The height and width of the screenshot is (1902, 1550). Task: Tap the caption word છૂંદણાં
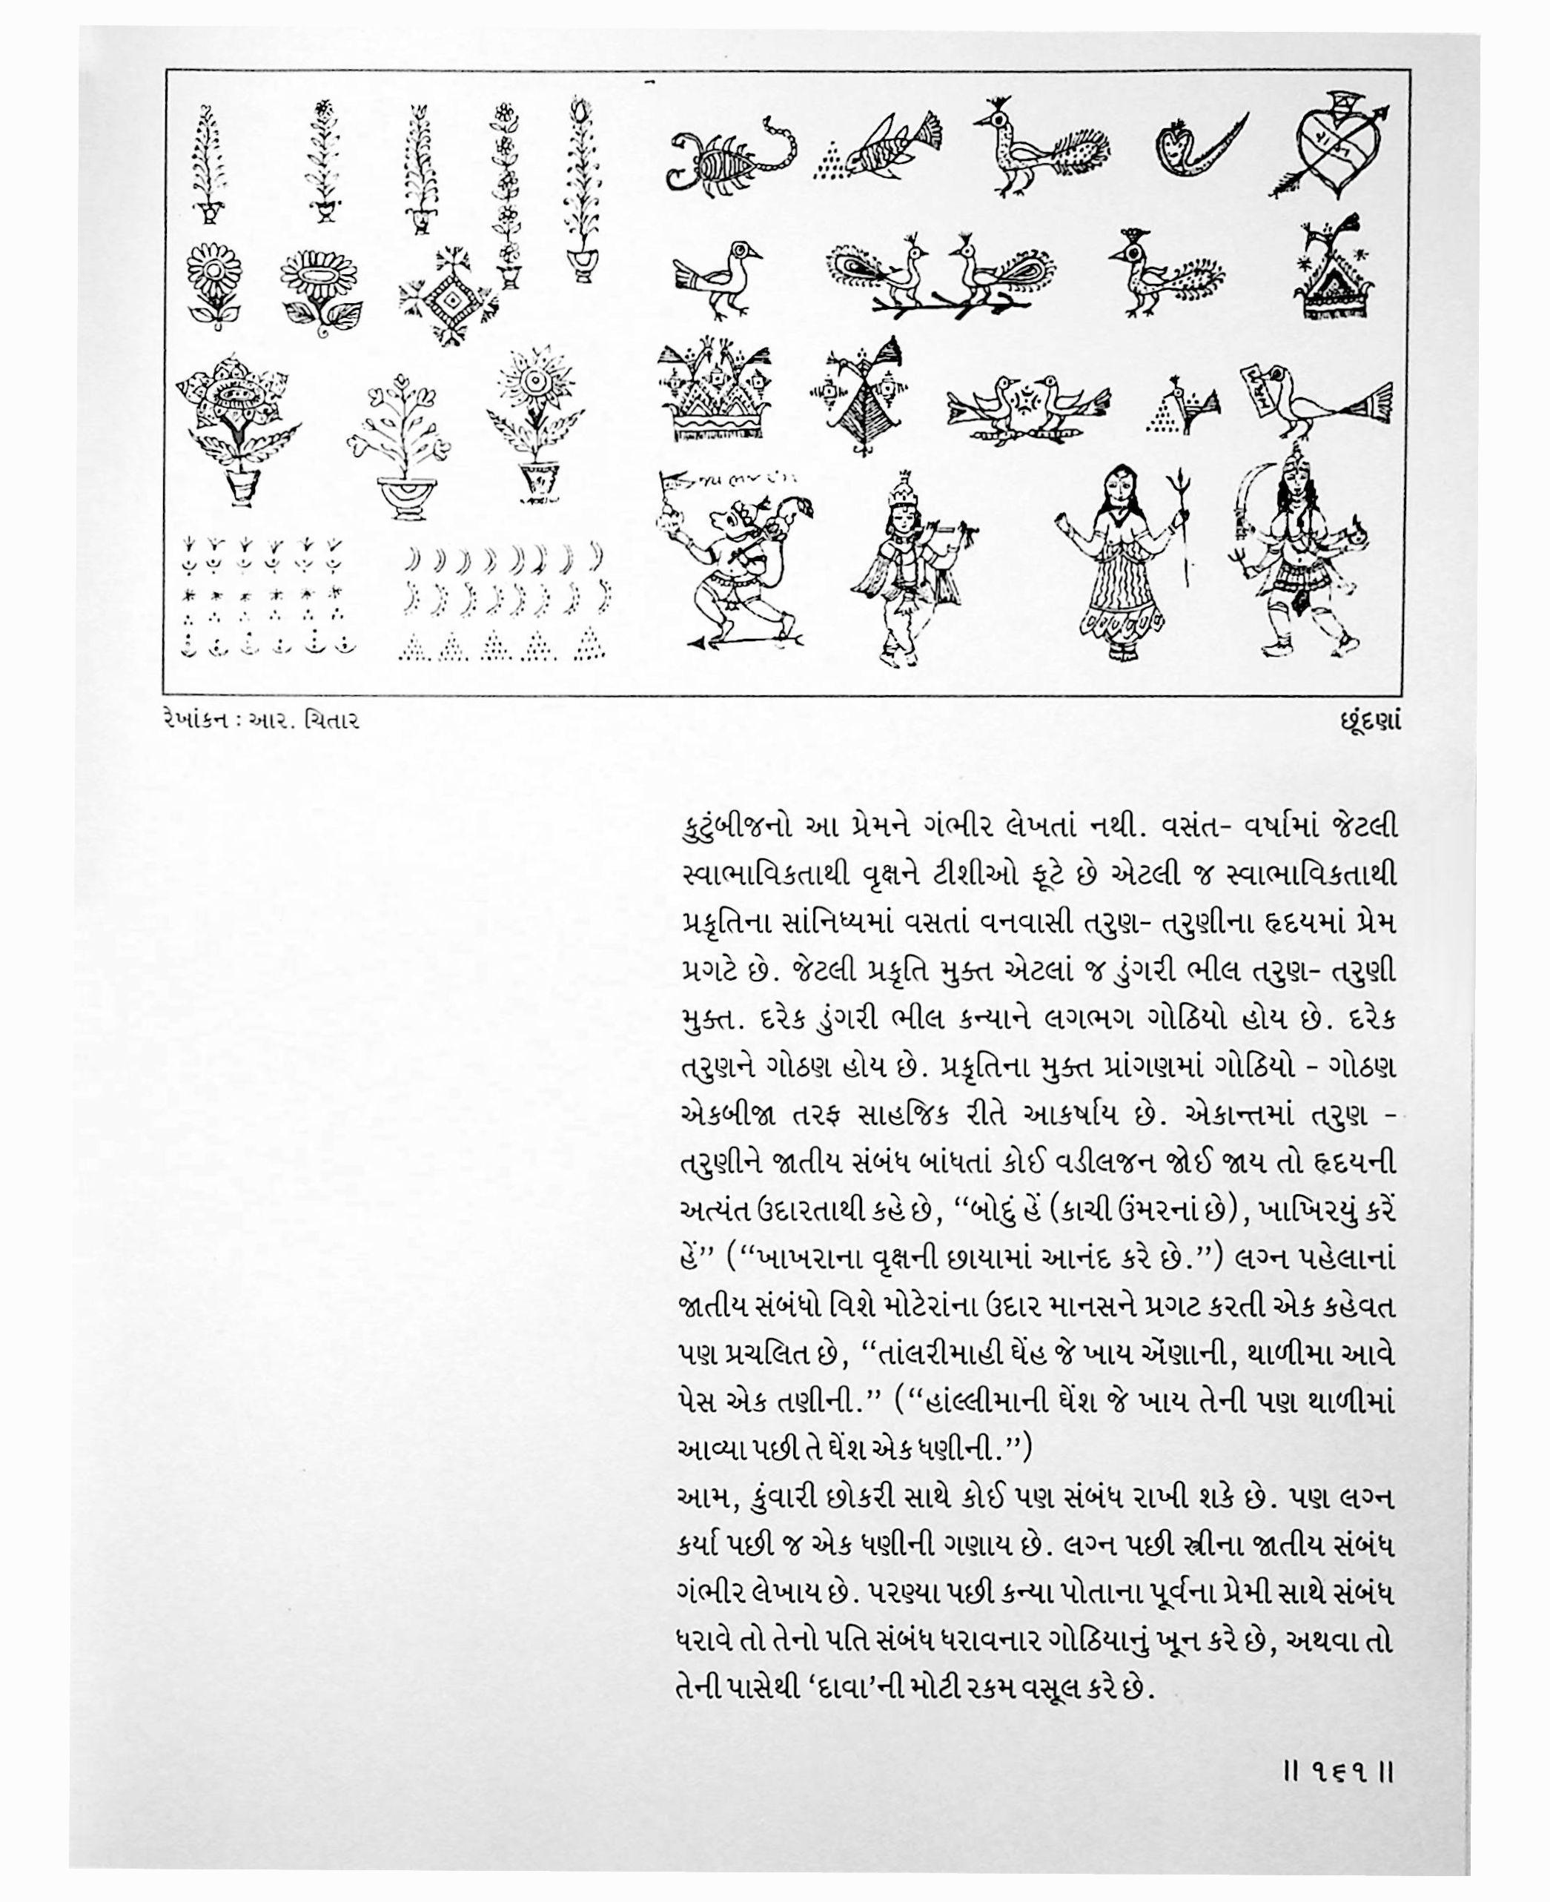tap(1365, 720)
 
